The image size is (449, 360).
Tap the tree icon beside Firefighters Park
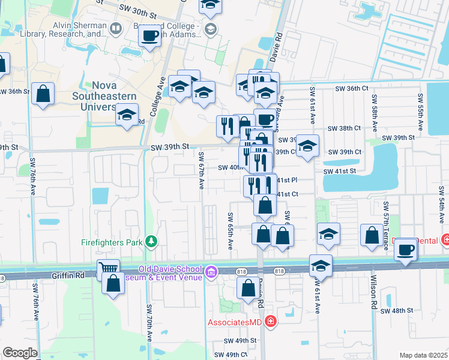tap(152, 242)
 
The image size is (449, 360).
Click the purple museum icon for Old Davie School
tap(211, 273)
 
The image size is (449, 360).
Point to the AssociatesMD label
tap(236, 322)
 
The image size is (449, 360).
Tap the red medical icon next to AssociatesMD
tap(271, 322)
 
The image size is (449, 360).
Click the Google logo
tap(20, 353)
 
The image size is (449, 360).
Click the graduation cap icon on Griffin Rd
tap(321, 266)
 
